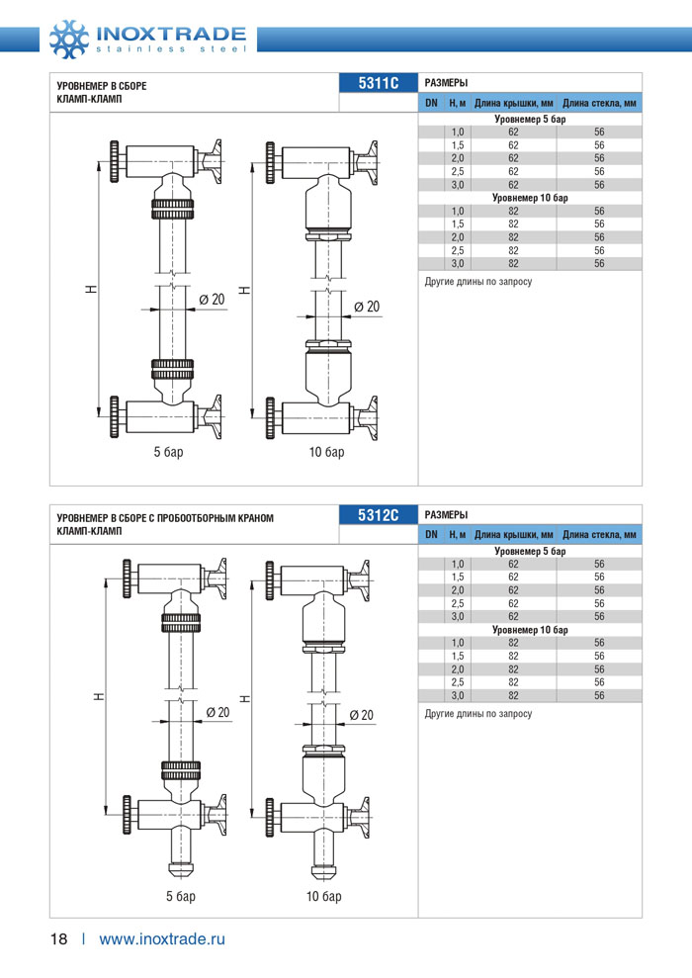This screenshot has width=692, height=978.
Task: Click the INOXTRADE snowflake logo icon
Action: tap(69, 40)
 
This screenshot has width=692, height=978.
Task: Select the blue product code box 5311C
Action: tap(379, 83)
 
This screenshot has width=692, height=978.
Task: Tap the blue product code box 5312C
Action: tap(379, 515)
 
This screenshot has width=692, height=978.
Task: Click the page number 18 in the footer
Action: tap(58, 939)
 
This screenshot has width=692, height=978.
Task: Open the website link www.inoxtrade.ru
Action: tap(162, 939)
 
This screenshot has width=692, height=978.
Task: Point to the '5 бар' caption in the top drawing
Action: tap(168, 452)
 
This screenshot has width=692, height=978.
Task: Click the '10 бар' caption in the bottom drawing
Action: tap(323, 896)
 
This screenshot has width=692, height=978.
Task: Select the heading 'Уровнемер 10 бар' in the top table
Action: tap(530, 198)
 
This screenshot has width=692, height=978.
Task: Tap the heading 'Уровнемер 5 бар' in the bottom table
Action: tap(530, 551)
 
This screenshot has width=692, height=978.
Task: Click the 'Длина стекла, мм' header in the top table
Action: tap(599, 103)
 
